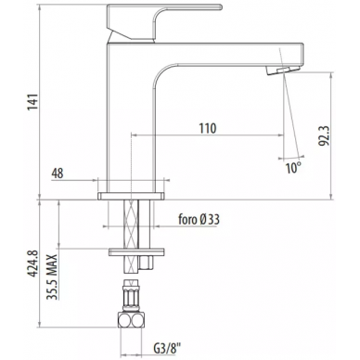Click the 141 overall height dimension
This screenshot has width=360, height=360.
[x=32, y=101]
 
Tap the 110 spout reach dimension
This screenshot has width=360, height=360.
[x=207, y=128]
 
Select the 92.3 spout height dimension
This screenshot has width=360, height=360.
[x=324, y=135]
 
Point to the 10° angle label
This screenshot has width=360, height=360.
[x=293, y=168]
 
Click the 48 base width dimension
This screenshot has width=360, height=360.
[x=58, y=174]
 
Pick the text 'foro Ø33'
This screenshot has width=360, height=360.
[x=199, y=219]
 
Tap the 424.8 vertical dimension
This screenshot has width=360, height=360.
[x=32, y=264]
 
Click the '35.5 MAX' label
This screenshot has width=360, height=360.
[x=52, y=276]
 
